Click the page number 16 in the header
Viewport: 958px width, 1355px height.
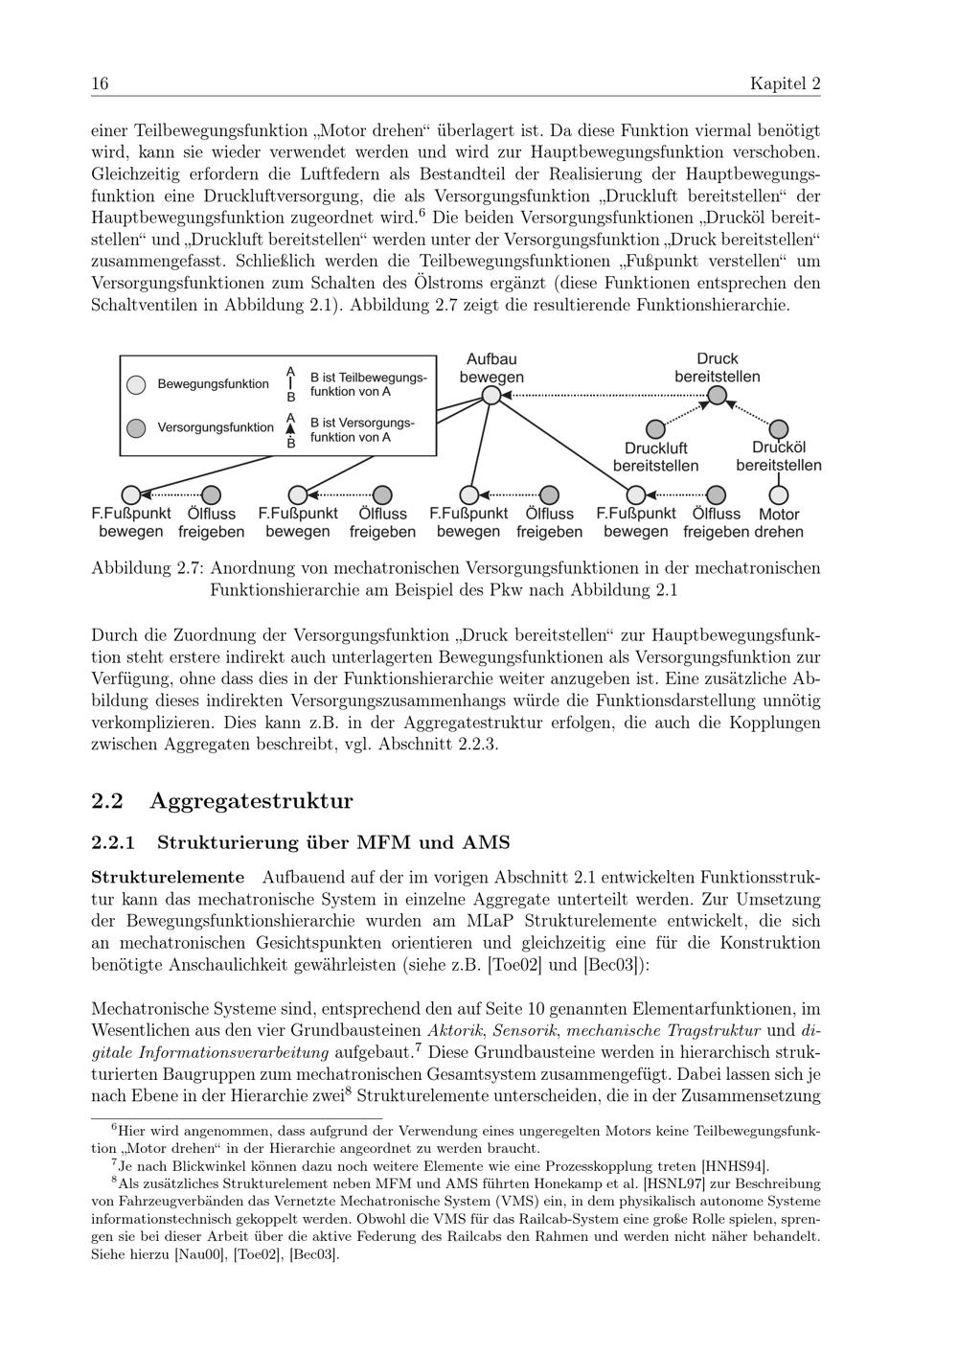100,84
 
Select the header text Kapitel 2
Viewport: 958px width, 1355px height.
785,84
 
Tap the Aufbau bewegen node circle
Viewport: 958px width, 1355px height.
490,395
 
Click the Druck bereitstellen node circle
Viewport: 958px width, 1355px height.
717,395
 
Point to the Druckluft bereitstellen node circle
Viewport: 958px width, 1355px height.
655,428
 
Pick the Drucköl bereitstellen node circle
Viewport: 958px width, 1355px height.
779,428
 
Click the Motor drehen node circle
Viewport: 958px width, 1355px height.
779,495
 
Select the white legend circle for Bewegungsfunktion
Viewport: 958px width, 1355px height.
137,384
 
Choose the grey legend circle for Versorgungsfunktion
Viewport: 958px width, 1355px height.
137,427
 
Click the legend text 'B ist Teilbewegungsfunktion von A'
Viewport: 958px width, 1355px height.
368,384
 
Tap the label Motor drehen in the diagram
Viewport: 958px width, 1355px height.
779,523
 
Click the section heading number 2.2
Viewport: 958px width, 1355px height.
108,801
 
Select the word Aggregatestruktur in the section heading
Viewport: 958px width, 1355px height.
251,801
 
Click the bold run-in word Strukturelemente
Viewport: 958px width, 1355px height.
168,878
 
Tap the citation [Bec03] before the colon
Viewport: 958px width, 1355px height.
612,965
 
